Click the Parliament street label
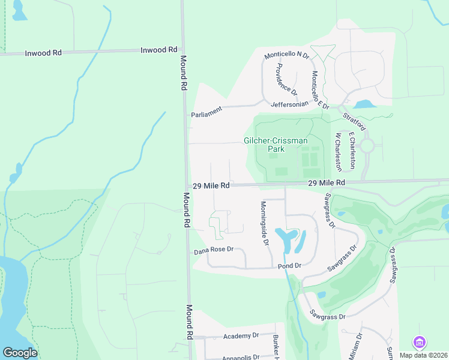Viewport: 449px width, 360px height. (x=206, y=112)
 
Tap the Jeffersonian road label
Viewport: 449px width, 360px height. (x=289, y=104)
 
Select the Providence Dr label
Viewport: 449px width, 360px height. (x=286, y=79)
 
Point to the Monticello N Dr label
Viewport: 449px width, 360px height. (x=286, y=55)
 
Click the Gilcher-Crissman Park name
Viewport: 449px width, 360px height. (x=276, y=145)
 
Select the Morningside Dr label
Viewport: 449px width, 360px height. (x=264, y=223)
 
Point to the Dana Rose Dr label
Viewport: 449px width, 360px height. (x=212, y=250)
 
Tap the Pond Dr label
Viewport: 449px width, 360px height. (x=289, y=265)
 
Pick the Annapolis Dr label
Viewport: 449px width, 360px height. (x=240, y=357)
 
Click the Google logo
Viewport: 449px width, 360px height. (x=20, y=353)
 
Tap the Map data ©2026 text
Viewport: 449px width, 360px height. (x=423, y=355)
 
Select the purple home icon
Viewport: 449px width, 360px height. (x=419, y=343)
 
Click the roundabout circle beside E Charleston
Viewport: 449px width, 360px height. (x=367, y=146)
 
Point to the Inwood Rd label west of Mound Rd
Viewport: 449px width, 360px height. (x=43, y=53)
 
